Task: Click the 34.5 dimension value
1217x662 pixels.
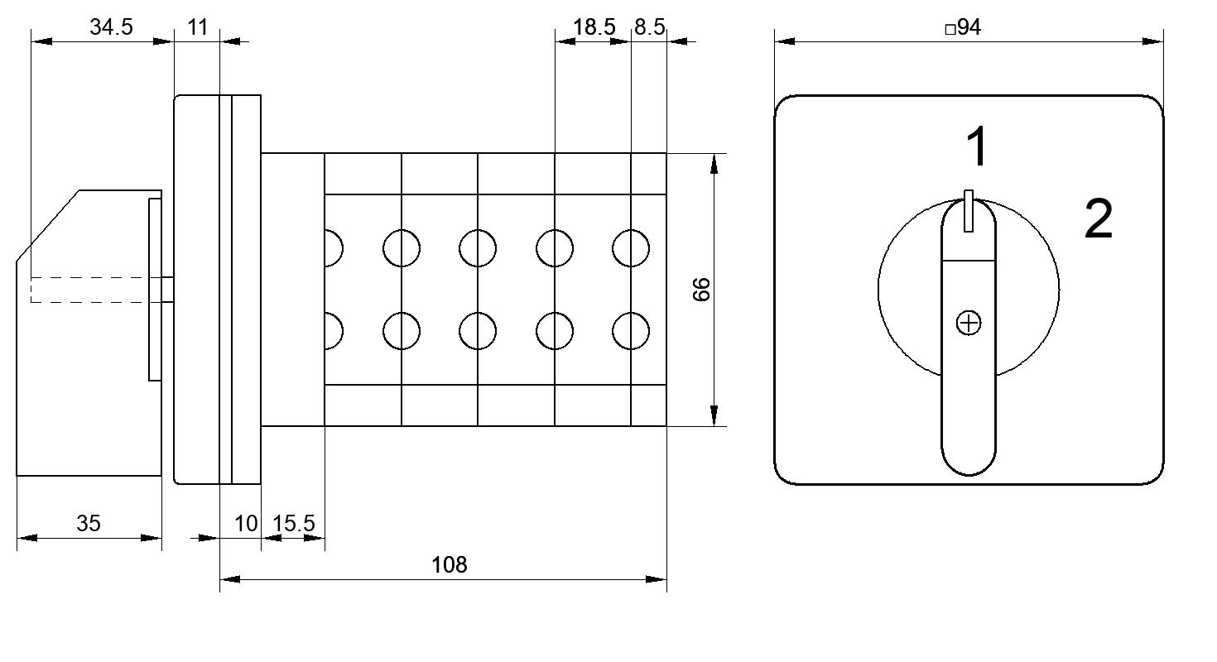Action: (112, 27)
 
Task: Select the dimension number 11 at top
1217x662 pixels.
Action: (198, 27)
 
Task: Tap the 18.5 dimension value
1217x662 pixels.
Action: (594, 27)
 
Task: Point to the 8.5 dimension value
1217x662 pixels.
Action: (650, 27)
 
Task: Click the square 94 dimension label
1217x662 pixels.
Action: (963, 27)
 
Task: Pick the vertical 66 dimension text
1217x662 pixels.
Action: (701, 290)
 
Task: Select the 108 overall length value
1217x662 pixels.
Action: (450, 565)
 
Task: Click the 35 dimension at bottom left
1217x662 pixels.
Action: (89, 524)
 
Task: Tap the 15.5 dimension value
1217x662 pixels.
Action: (293, 524)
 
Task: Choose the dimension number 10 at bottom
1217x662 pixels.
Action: (246, 524)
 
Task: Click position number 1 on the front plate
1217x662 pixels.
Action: (978, 146)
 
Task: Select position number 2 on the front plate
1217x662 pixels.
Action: (1098, 218)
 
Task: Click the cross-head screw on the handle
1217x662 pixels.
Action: (969, 324)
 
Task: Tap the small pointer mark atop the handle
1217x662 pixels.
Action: (969, 211)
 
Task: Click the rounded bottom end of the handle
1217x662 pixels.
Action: (969, 463)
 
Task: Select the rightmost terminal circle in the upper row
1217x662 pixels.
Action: (631, 248)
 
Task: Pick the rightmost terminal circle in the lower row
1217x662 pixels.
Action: (631, 331)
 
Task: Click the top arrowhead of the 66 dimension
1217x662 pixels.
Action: (714, 164)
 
